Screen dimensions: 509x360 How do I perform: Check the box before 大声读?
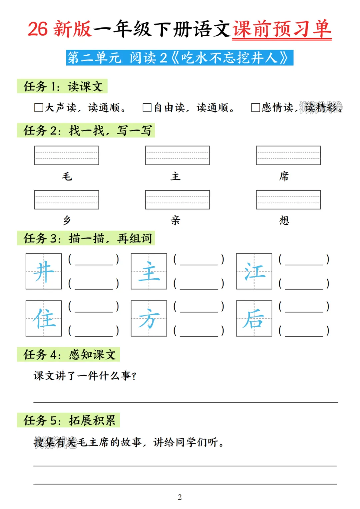[39, 108]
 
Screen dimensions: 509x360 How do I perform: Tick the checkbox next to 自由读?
[147, 108]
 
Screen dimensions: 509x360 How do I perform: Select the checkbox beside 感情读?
[255, 108]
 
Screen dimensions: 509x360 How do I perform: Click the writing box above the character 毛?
[66, 155]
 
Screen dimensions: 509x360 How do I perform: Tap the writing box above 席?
[288, 155]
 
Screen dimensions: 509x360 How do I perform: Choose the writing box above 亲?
[177, 200]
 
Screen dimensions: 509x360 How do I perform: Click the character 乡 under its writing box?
[67, 220]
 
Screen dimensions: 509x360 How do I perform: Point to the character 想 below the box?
[284, 220]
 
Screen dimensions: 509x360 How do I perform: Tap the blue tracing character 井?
[44, 271]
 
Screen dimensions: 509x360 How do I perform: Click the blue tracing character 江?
[254, 271]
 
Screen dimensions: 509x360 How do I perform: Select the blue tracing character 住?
[44, 318]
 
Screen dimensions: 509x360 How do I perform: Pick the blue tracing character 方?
[149, 318]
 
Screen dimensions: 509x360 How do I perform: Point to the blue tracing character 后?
[254, 318]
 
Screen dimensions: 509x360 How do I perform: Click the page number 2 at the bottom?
[180, 497]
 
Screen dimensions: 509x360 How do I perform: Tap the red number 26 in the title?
[38, 29]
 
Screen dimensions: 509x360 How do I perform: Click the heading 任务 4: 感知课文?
[69, 355]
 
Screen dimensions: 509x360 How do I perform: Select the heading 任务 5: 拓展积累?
[69, 420]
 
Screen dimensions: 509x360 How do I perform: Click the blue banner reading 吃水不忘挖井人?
[180, 58]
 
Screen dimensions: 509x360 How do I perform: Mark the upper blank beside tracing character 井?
[94, 260]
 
